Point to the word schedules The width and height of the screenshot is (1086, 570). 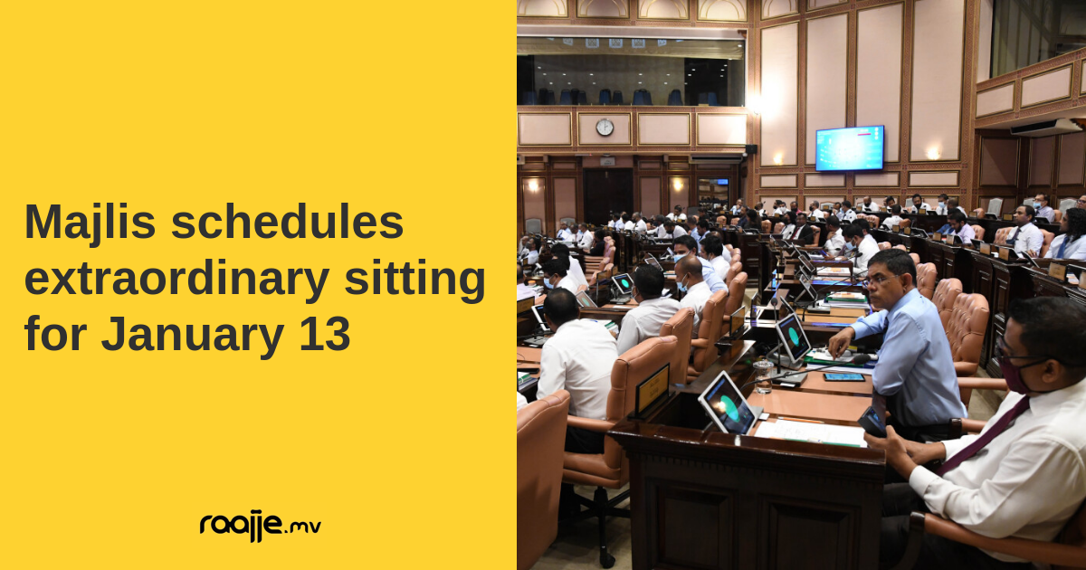pos(287,222)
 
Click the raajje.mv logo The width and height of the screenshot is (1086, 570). pos(261,527)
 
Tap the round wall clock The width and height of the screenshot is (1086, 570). pos(605,128)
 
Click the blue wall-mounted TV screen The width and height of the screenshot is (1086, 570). pos(850,147)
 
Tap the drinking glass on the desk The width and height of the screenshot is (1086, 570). pos(764,376)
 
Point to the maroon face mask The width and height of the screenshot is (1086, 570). pos(1019,375)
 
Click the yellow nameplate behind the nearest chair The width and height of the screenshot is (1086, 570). pos(653,388)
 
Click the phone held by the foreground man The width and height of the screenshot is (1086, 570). pos(872,422)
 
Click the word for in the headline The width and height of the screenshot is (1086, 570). pos(55,334)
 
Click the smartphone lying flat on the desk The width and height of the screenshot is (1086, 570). pos(843,377)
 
